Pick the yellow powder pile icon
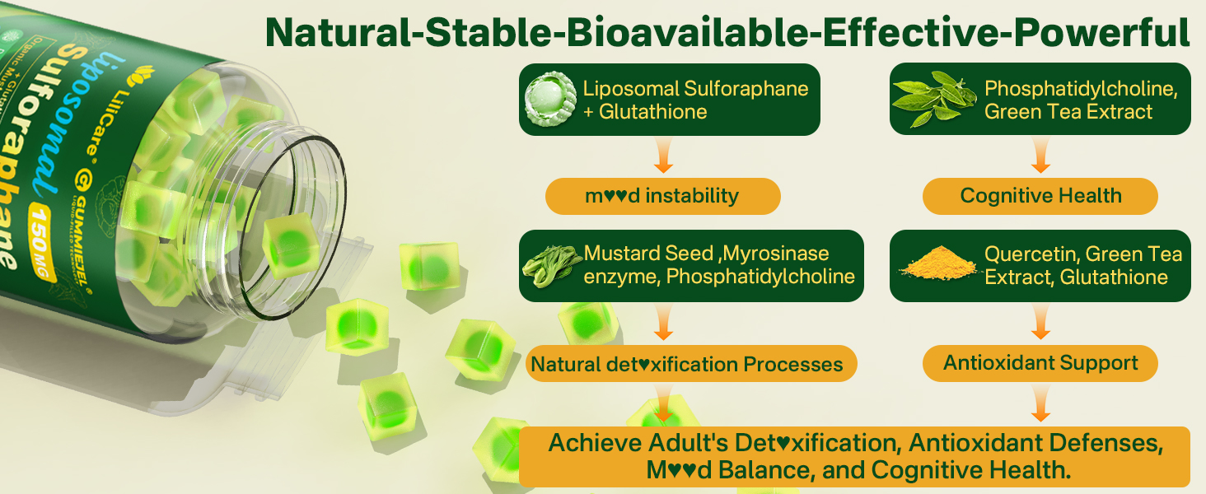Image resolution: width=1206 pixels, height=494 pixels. [x=934, y=266]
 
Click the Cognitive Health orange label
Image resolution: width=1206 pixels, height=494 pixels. [x=1040, y=196]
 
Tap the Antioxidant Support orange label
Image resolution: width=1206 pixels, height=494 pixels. [x=1040, y=363]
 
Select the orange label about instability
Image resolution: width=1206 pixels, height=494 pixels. [x=662, y=196]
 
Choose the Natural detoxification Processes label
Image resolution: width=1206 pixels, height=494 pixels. [x=686, y=364]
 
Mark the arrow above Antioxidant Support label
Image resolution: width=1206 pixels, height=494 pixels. [x=1040, y=323]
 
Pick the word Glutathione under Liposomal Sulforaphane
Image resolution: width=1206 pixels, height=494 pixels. [x=653, y=111]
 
